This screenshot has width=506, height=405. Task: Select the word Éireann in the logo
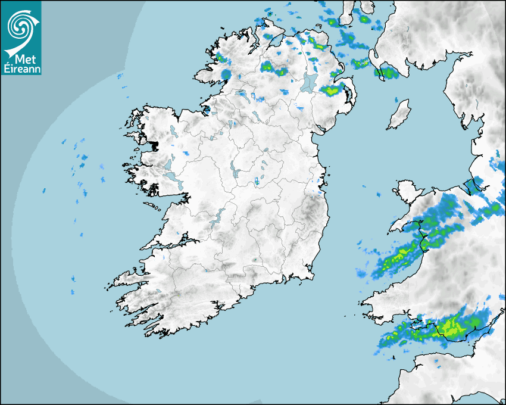click(x=21, y=68)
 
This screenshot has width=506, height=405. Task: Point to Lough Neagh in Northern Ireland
click(x=309, y=82)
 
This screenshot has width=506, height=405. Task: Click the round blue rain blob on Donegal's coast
click(x=226, y=74)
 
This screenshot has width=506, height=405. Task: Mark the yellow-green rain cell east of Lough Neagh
click(x=332, y=91)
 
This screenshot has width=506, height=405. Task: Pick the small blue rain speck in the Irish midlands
click(x=257, y=180)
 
